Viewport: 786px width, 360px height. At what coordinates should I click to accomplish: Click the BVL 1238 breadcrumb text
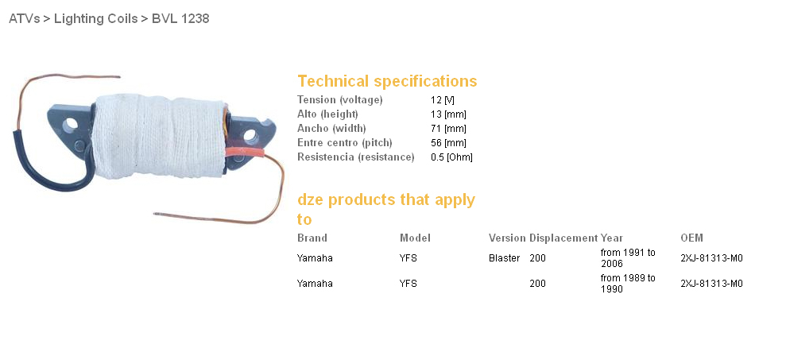point(180,18)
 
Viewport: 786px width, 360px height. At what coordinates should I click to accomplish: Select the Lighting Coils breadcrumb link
point(95,18)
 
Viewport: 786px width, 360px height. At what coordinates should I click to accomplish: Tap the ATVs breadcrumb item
point(24,18)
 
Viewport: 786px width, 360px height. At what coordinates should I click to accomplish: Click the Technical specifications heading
point(387,81)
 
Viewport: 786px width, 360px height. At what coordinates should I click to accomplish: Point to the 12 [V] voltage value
point(443,100)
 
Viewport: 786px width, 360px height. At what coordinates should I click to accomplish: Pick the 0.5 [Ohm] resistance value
point(451,157)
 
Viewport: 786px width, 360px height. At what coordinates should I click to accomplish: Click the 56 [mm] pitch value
point(448,142)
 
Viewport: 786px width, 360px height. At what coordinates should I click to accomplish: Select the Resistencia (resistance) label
point(356,157)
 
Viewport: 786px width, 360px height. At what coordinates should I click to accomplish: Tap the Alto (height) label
point(328,114)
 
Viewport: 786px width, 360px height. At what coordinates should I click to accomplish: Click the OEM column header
point(691,238)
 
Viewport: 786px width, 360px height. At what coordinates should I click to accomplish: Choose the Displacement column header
point(563,238)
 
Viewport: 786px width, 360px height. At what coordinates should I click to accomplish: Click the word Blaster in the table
point(505,258)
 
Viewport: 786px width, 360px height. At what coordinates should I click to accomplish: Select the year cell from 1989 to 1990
point(628,283)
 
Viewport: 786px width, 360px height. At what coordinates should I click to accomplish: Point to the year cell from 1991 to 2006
point(628,258)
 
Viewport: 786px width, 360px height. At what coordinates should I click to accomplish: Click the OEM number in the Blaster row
point(712,258)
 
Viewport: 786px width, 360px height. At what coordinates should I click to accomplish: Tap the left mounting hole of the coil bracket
point(71,123)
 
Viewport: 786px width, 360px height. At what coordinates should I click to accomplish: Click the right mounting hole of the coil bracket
point(250,135)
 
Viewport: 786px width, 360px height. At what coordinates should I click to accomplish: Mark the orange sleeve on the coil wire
point(244,151)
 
